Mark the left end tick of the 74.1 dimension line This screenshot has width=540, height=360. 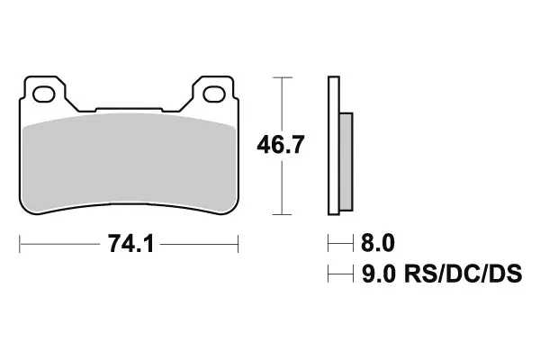[x=20, y=244]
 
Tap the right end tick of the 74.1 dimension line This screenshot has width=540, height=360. [x=238, y=244]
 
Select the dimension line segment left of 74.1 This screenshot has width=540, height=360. [x=58, y=244]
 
